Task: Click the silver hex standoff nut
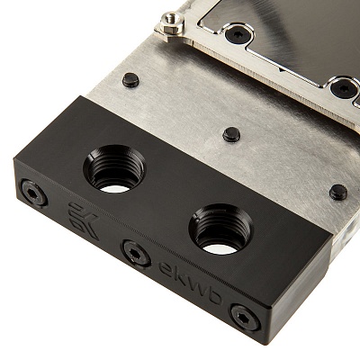click(x=172, y=23)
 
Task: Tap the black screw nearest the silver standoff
click(x=238, y=33)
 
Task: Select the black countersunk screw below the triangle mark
click(x=343, y=88)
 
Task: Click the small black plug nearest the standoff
click(x=130, y=80)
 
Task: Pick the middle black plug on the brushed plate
click(x=231, y=134)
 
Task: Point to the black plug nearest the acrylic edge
click(x=338, y=192)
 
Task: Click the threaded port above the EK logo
click(x=114, y=169)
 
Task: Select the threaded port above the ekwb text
click(x=220, y=229)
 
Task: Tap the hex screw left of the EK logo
click(x=34, y=193)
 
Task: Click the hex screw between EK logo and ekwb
click(x=136, y=253)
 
